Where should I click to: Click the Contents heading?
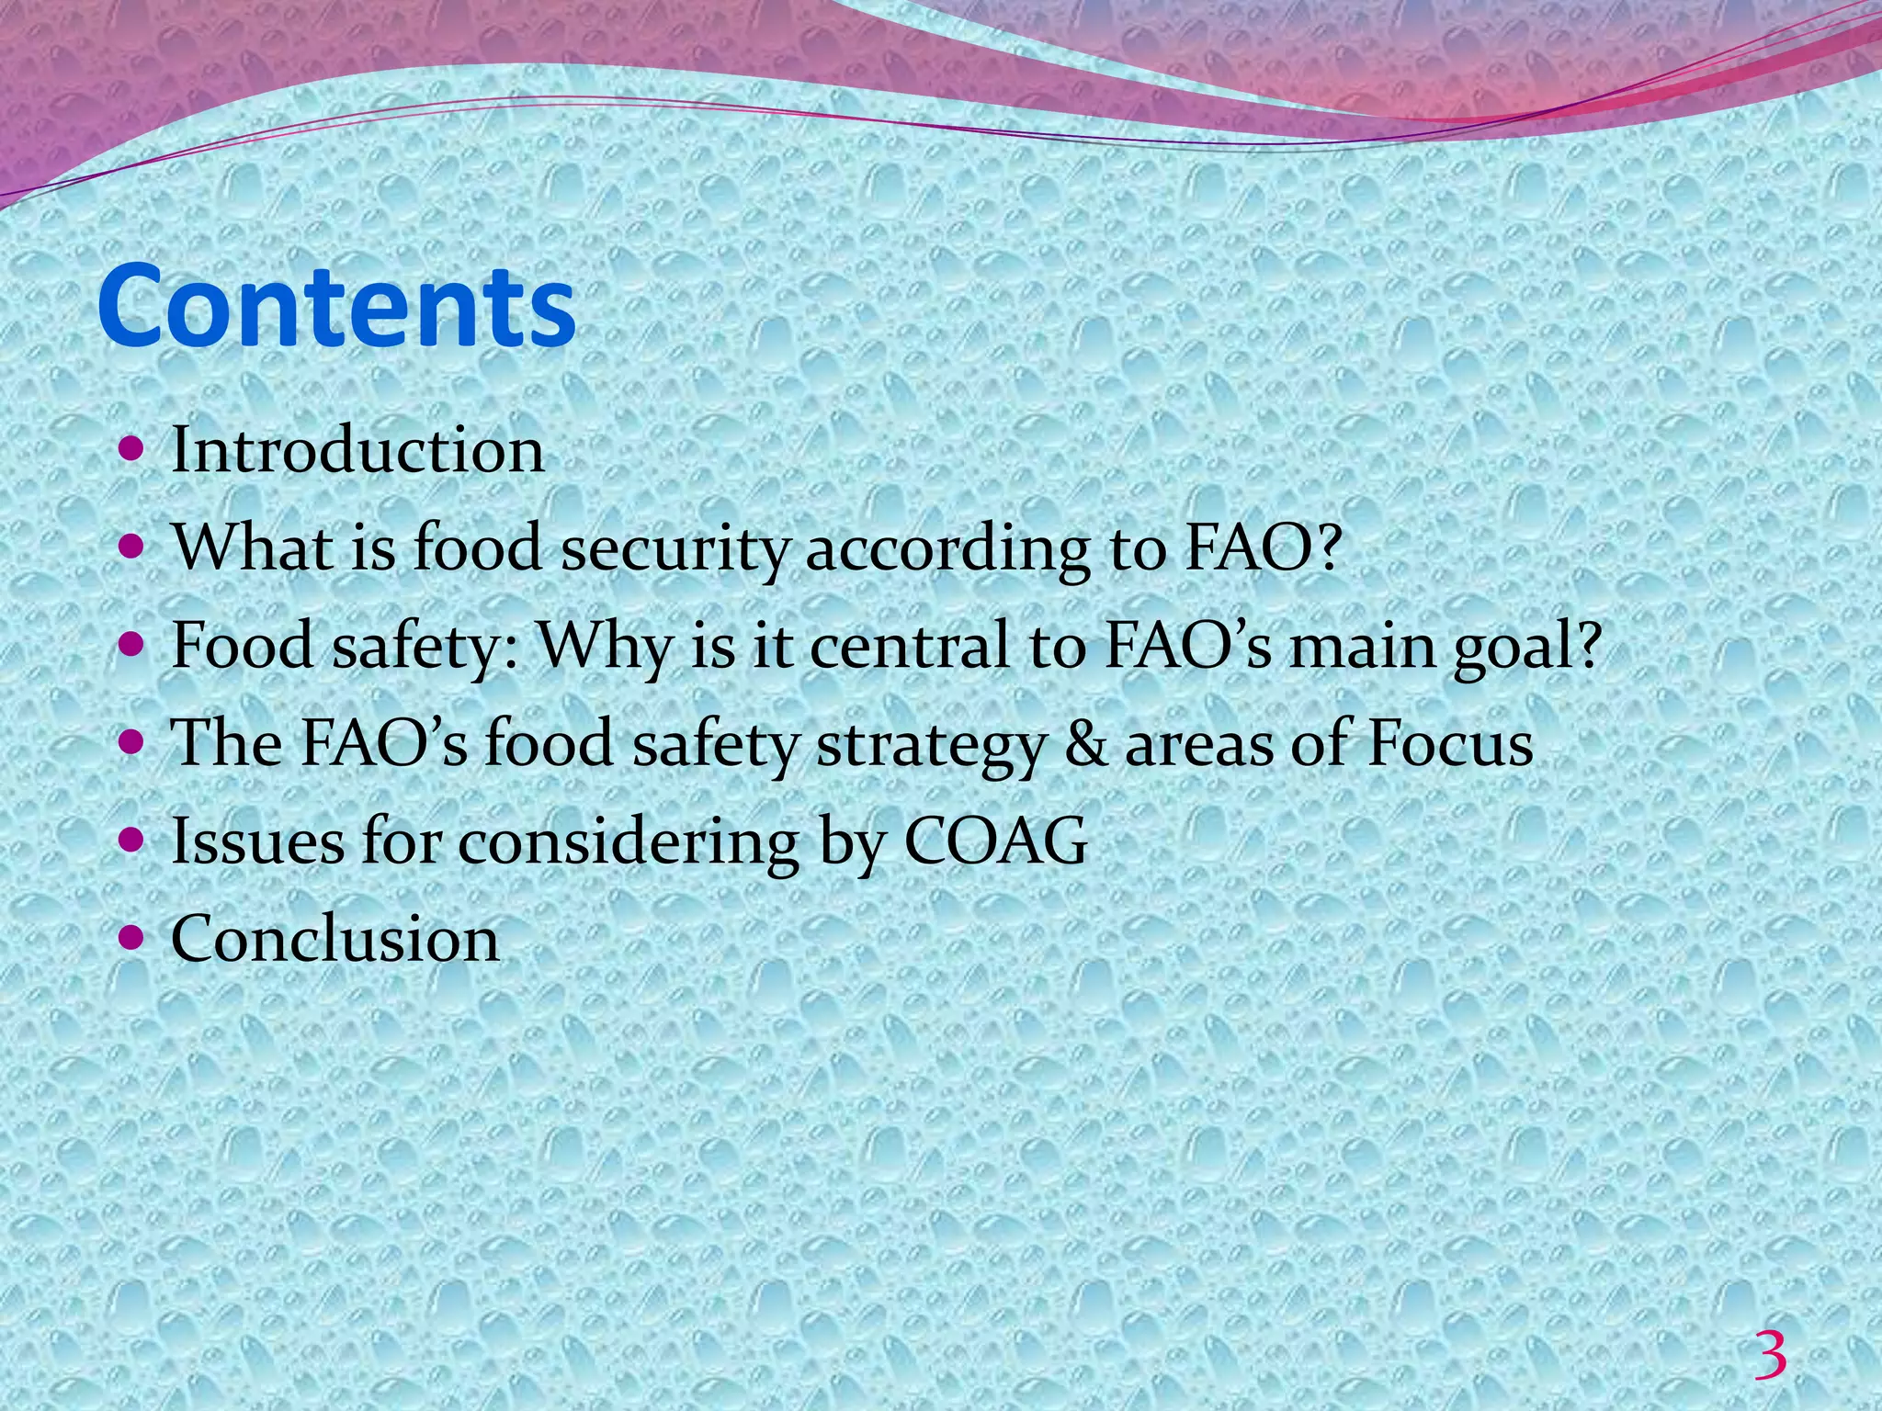click(336, 306)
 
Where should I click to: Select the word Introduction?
click(357, 451)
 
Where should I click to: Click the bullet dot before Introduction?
click(132, 449)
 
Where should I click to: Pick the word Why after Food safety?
click(605, 649)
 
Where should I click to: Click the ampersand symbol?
click(1085, 744)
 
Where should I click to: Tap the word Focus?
click(1449, 744)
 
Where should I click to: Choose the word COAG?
click(996, 841)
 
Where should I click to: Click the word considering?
click(628, 841)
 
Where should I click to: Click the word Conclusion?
click(335, 939)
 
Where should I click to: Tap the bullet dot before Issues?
click(132, 840)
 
